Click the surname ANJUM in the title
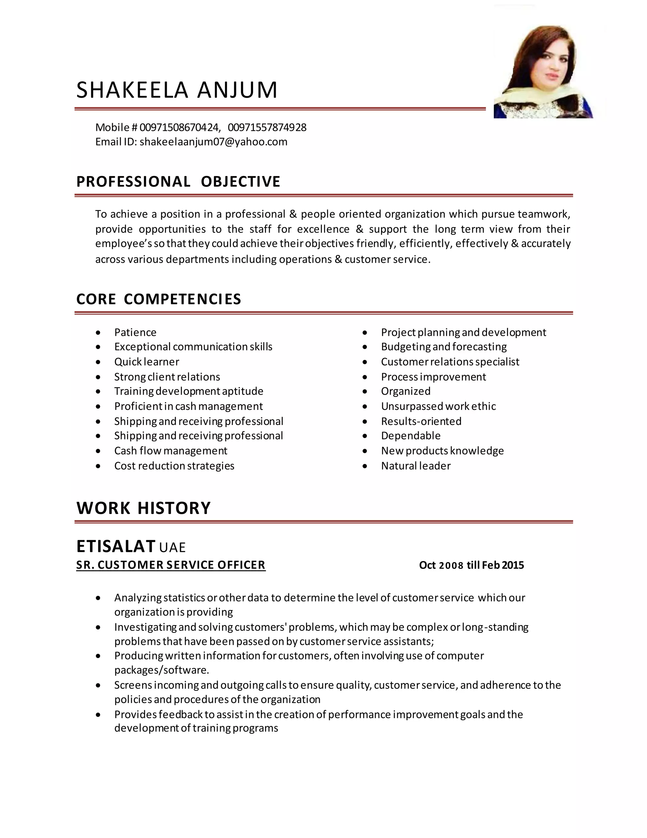click(x=237, y=90)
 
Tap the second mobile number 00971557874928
click(x=267, y=127)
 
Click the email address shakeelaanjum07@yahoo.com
click(x=213, y=142)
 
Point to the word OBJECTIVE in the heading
click(x=240, y=182)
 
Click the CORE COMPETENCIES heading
click(x=159, y=299)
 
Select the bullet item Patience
click(x=135, y=332)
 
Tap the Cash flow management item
click(x=171, y=451)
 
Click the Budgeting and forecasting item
click(x=444, y=347)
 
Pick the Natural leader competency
click(x=415, y=466)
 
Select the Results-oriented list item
click(x=421, y=421)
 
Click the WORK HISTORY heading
click(x=143, y=508)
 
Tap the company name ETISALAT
click(x=116, y=546)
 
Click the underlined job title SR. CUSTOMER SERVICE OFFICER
click(x=171, y=565)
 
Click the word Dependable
click(x=410, y=436)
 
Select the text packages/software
click(x=161, y=670)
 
